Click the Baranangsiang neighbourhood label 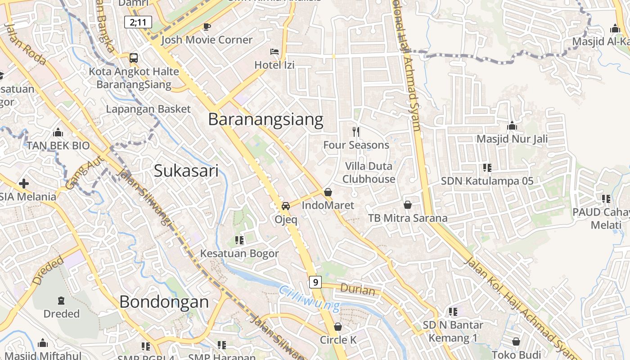(x=265, y=120)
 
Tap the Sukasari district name (x=186, y=171)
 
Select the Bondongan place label (x=164, y=302)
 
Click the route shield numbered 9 (x=315, y=282)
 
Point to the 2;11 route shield (x=138, y=22)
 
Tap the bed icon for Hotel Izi (x=274, y=52)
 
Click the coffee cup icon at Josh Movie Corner (x=207, y=27)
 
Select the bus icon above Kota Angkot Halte (x=134, y=58)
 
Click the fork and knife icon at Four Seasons (x=356, y=131)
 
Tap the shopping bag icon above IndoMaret (x=328, y=193)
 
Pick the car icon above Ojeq (x=285, y=206)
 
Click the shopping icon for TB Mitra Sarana (x=408, y=205)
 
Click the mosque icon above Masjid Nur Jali (x=512, y=126)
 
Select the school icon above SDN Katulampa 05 (x=487, y=168)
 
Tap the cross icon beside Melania (x=24, y=184)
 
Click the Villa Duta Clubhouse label (x=369, y=173)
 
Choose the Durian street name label (x=358, y=289)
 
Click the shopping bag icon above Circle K (x=338, y=327)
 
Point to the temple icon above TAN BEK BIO (x=58, y=133)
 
